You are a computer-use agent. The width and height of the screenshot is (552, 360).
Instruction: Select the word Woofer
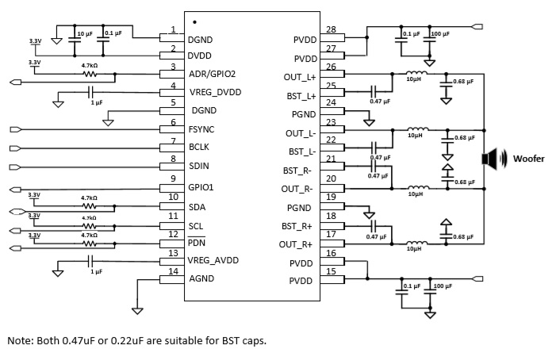click(x=527, y=159)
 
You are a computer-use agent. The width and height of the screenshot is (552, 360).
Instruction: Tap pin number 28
click(x=331, y=30)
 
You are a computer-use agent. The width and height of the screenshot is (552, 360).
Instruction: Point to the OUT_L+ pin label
click(x=300, y=77)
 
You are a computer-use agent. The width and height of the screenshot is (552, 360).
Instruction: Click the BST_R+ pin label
click(x=299, y=227)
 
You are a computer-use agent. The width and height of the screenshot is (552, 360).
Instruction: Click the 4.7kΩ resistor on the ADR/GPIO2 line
click(x=89, y=75)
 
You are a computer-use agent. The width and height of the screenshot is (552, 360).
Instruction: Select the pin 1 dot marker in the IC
click(x=194, y=21)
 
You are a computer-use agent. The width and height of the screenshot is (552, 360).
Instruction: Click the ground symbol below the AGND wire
click(x=136, y=309)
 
